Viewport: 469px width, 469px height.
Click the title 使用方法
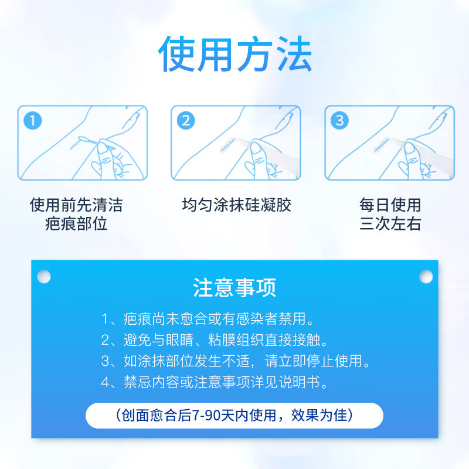pos(235,55)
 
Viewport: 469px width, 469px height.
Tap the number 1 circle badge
pos(33,121)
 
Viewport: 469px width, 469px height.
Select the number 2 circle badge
pos(186,121)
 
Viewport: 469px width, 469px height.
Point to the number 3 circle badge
pos(340,121)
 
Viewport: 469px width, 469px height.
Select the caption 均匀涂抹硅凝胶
pos(236,205)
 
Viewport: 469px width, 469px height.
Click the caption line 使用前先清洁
pos(76,205)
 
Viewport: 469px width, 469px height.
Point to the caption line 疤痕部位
pos(76,224)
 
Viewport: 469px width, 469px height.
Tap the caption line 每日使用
pos(390,205)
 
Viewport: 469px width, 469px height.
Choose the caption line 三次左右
pos(390,224)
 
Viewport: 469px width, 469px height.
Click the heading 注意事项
pos(235,288)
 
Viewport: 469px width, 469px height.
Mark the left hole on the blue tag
pos(44,276)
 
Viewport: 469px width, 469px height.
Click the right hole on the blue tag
pos(426,276)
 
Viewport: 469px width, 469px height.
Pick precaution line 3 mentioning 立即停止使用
pos(236,361)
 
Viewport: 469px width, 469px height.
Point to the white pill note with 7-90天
pos(235,416)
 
